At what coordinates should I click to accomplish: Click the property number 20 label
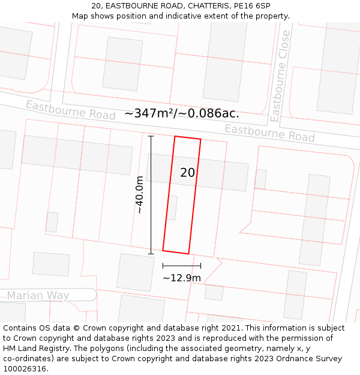coord(187,173)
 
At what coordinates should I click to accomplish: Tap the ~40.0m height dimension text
coord(139,195)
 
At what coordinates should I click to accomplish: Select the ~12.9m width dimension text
coord(181,278)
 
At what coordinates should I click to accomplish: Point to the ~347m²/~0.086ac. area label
coord(182,113)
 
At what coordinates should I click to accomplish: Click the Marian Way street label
coord(38,295)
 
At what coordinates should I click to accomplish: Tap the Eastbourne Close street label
coord(280,76)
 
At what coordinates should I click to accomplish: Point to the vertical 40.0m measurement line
coord(151,195)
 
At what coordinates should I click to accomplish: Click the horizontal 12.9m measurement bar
coord(181,265)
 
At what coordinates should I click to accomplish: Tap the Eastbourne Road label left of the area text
coord(70,110)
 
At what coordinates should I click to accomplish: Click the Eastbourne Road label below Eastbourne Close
coord(269,133)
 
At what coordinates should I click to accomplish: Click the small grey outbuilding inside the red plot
coord(172,208)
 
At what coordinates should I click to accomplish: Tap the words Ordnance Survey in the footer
coord(314,359)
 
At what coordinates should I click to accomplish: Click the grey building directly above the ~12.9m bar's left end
coord(135,272)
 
